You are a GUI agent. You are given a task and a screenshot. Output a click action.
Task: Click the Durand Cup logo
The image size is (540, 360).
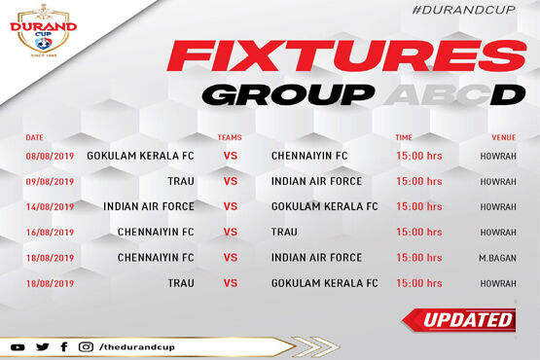(44, 30)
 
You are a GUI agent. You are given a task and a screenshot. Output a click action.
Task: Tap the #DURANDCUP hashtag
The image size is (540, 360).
(463, 10)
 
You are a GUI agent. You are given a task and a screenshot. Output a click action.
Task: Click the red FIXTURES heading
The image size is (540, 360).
(346, 55)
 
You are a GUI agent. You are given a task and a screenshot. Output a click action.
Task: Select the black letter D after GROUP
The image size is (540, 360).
(508, 94)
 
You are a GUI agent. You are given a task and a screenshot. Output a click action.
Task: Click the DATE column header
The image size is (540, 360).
(34, 137)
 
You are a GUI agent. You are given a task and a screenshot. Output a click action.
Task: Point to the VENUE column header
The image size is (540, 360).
(503, 137)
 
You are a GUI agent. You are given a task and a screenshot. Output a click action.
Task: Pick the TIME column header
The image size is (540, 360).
(404, 137)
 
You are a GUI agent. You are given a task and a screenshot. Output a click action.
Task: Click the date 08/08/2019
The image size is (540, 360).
(50, 156)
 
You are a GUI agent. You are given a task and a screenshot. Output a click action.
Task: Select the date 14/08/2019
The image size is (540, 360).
(50, 206)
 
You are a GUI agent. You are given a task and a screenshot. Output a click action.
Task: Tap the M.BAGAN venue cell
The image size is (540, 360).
(497, 258)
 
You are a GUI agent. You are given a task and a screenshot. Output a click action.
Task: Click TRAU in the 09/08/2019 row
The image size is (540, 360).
(181, 181)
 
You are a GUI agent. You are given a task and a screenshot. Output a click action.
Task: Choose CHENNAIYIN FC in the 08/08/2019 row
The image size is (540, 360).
(309, 156)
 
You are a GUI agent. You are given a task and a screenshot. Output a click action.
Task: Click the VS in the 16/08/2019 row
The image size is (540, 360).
(231, 232)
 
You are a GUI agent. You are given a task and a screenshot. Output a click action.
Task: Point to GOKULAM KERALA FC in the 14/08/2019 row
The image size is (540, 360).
(324, 206)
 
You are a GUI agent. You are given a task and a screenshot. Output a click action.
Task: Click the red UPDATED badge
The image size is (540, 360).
(459, 320)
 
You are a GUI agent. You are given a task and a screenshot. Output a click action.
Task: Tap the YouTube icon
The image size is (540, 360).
(18, 347)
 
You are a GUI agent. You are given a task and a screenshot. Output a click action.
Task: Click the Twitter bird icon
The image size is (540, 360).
(43, 346)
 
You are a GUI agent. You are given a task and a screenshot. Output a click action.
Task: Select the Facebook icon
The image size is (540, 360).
(64, 346)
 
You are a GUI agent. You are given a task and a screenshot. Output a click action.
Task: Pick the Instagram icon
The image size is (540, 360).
(86, 346)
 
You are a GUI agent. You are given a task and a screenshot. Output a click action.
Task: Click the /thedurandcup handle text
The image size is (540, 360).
(137, 346)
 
